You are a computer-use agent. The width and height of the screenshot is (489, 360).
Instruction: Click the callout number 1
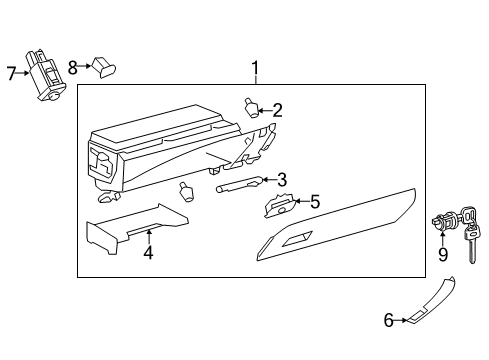point(255,69)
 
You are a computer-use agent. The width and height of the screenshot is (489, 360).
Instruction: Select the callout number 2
point(277,110)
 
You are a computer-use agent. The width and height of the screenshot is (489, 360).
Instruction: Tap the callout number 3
point(282,180)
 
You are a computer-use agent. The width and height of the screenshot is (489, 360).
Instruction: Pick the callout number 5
point(314,202)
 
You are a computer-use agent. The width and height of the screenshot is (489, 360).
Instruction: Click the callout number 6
point(389,320)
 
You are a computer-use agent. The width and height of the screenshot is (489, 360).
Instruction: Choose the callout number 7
point(11,73)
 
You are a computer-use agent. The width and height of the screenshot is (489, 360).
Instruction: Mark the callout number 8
point(72,67)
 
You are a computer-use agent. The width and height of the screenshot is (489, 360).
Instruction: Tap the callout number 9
point(443,254)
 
